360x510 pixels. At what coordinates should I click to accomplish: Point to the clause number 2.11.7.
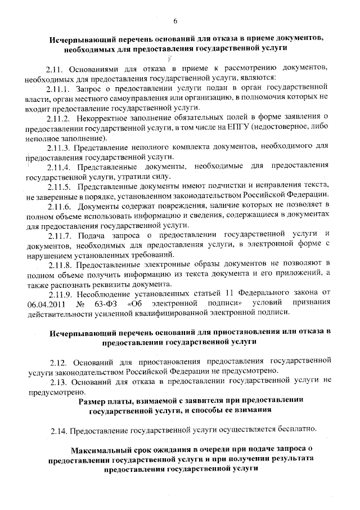coord(58,234)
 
